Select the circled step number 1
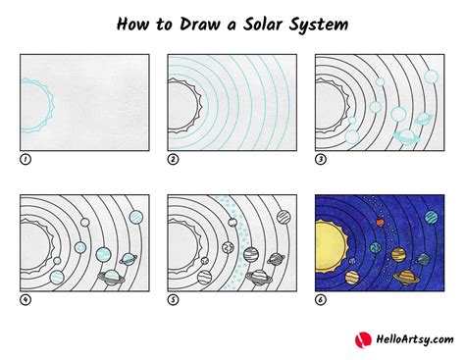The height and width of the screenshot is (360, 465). [26, 159]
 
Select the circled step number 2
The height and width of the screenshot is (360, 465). [173, 159]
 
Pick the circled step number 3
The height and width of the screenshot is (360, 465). [320, 159]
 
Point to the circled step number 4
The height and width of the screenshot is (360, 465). [26, 299]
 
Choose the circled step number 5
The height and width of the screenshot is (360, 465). [173, 299]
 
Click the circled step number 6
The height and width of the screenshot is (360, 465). [320, 299]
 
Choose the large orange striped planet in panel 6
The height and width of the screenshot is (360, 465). [398, 254]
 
